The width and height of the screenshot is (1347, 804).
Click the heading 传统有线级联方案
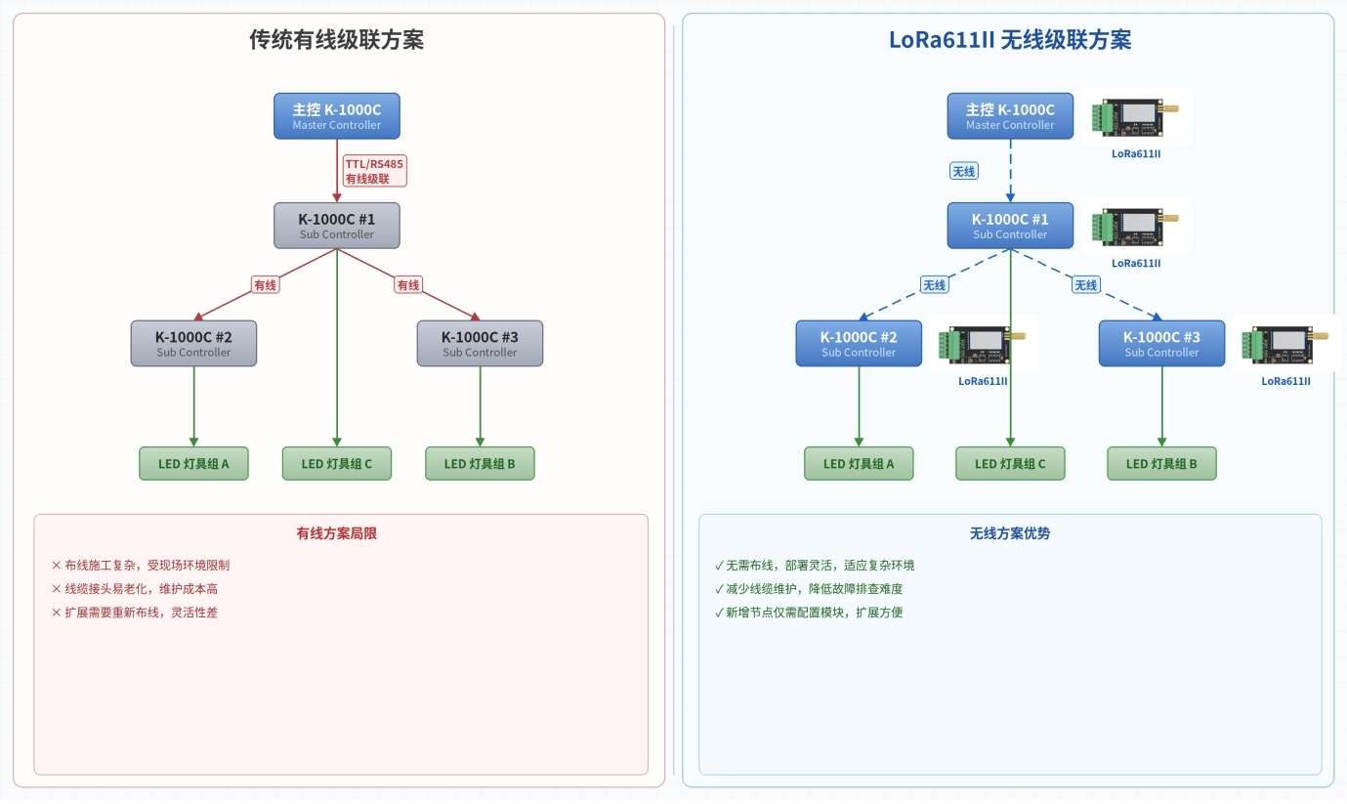(337, 40)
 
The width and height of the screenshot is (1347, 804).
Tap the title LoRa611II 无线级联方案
(1010, 40)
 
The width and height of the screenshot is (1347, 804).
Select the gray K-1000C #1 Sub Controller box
(337, 226)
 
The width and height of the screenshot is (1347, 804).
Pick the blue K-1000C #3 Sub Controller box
(1161, 344)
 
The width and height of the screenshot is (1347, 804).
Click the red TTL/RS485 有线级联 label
(374, 171)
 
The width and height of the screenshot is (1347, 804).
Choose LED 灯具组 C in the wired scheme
(337, 464)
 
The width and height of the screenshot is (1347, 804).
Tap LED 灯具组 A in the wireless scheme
(859, 464)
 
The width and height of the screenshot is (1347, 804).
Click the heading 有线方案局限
(337, 533)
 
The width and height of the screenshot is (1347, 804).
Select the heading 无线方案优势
(1010, 533)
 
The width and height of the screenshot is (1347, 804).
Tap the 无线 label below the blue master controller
(963, 171)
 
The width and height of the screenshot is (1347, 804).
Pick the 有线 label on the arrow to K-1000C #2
(265, 285)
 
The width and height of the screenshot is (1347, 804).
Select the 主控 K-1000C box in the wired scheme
(337, 116)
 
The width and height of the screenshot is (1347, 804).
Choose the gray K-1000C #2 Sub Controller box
(193, 344)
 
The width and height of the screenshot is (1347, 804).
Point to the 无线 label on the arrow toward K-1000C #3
(1086, 285)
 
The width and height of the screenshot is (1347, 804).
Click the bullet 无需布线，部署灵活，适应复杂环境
(815, 566)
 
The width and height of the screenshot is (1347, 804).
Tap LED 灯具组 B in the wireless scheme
(1161, 464)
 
